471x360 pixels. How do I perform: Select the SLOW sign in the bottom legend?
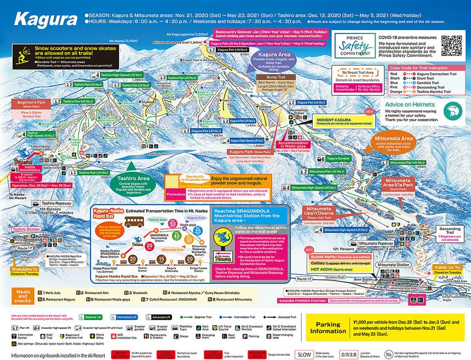click(306, 354)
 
